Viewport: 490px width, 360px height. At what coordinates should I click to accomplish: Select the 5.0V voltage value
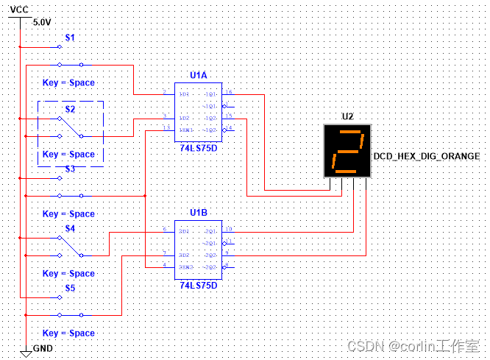click(x=43, y=22)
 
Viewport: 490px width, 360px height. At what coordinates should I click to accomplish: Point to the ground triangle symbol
click(x=26, y=354)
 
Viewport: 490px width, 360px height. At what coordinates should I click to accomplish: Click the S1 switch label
click(x=70, y=37)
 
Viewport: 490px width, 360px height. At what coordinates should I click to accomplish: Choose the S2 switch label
click(x=70, y=109)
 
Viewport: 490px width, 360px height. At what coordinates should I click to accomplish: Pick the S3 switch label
click(x=70, y=169)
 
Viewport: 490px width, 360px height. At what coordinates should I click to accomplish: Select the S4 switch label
click(x=70, y=228)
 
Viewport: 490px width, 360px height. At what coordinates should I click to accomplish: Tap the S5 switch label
click(x=70, y=288)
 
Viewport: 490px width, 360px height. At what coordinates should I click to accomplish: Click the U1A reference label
click(x=199, y=75)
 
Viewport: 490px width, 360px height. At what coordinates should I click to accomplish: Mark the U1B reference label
click(x=199, y=213)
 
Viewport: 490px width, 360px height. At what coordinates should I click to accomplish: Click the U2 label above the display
click(x=347, y=116)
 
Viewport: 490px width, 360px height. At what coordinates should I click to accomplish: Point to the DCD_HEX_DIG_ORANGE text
click(x=427, y=156)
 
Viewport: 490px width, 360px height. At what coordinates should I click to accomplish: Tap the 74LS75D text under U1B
click(x=199, y=283)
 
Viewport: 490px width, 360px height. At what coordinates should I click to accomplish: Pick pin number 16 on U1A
click(x=229, y=93)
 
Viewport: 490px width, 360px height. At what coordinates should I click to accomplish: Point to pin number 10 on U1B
click(x=229, y=230)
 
